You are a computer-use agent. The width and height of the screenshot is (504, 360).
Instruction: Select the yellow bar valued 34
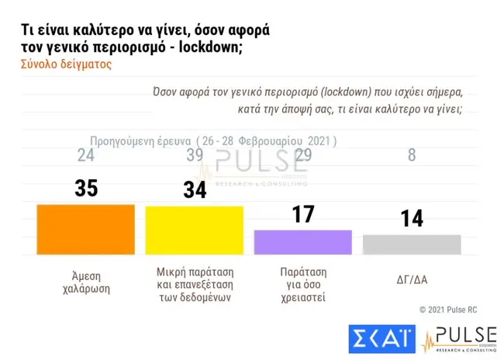coord(195,230)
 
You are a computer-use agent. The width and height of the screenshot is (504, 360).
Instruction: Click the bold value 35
coord(86,188)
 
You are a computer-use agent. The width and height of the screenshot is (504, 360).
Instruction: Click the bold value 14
coord(412,217)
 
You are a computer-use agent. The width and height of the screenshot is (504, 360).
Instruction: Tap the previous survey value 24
coord(86,155)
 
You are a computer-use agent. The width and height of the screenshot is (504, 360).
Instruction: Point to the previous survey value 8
coord(412,155)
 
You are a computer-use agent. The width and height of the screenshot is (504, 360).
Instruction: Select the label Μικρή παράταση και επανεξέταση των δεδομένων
coord(195,286)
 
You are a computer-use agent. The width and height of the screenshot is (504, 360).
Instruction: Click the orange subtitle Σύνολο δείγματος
coord(65,65)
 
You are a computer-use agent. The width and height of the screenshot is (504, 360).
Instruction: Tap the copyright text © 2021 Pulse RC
coord(448,309)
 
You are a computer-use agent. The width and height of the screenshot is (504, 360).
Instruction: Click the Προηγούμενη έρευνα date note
coord(213,141)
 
